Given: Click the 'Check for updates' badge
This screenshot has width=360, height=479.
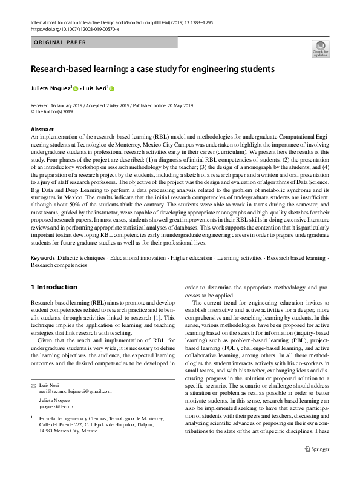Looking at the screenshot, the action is pos(320,50).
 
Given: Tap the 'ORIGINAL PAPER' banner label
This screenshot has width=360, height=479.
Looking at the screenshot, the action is pos(59,42).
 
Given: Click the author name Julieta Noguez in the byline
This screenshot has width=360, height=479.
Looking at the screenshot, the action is pos(51,88).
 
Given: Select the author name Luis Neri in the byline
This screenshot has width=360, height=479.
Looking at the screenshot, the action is pos(96,88).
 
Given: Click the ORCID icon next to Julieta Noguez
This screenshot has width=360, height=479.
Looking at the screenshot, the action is pos(76,88).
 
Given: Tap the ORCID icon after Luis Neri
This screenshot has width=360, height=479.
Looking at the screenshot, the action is pos(111,88).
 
